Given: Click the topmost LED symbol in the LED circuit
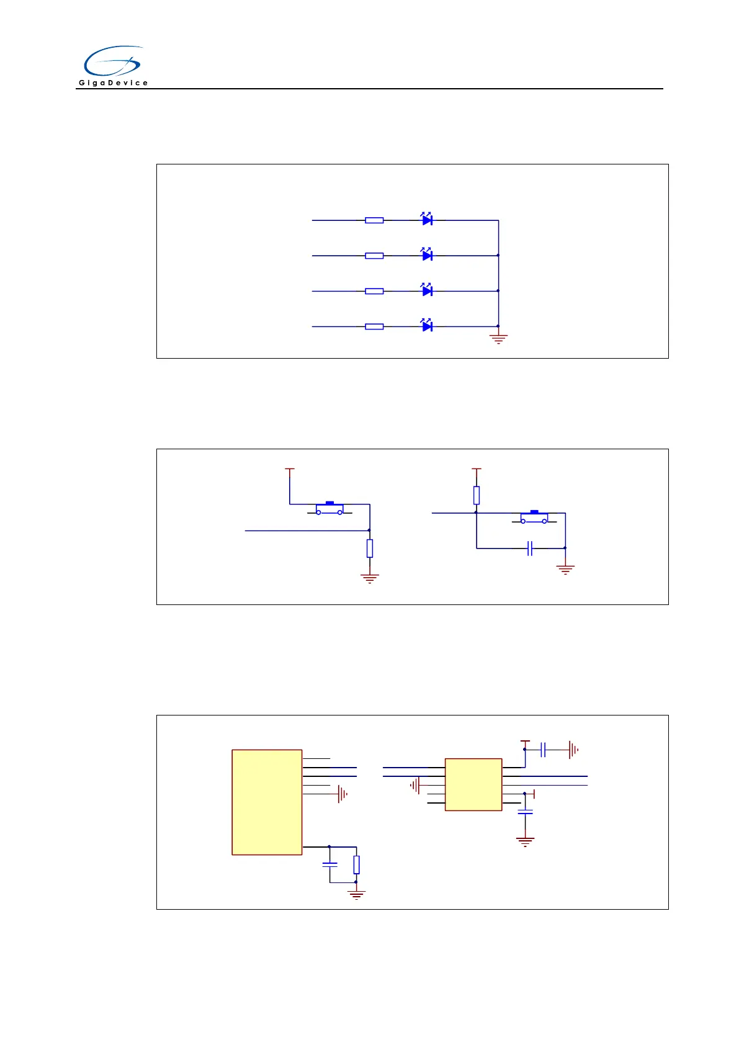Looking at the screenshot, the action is coord(427,220).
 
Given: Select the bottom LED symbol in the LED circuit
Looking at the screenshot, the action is coord(427,326).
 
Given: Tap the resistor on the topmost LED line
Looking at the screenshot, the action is coord(374,220).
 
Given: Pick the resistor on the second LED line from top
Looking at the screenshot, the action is coord(374,256).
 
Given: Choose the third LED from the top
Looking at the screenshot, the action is coord(427,290).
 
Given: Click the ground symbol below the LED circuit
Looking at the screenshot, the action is coord(498,339).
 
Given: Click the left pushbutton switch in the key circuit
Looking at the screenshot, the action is coord(329,509).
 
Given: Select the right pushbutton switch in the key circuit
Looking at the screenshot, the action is coord(534,518).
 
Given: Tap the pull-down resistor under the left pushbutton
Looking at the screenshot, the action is coord(370,549).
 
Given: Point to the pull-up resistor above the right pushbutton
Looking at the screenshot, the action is coord(477,495).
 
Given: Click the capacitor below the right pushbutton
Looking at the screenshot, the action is coord(530,549).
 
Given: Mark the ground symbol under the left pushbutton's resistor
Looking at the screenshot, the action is coord(370,578).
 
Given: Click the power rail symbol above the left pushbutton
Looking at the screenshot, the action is coord(289,470).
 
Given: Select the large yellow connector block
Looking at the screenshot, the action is coord(267,802).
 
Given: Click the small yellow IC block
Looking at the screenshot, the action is coord(473,784).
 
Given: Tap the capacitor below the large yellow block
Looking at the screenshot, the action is coord(330,864).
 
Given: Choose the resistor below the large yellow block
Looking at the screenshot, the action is coord(356,864).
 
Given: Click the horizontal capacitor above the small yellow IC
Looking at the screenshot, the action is coord(543,750).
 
